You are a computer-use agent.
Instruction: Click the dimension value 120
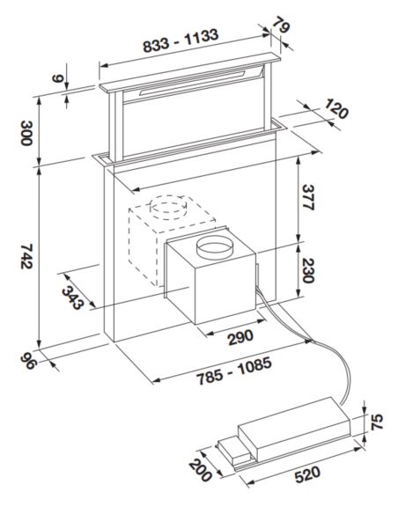pyautogui.click(x=335, y=113)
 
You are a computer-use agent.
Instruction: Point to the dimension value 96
pyautogui.click(x=30, y=363)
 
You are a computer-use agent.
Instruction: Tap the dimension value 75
pyautogui.click(x=376, y=422)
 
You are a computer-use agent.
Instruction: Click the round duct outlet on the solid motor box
pyautogui.click(x=217, y=249)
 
